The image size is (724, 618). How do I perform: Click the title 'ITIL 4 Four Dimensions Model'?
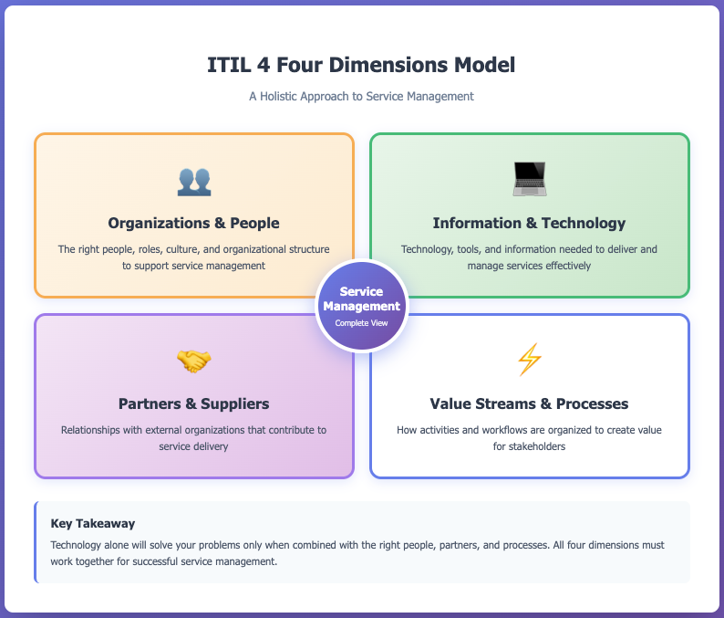click(x=361, y=66)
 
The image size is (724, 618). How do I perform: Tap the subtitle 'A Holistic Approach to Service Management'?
click(x=361, y=96)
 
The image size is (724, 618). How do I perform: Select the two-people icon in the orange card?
click(x=193, y=181)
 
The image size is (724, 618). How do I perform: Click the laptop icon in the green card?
click(x=529, y=179)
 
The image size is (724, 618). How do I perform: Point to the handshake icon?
click(x=193, y=361)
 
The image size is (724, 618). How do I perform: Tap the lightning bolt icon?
click(x=529, y=361)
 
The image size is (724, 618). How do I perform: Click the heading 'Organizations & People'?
click(x=193, y=223)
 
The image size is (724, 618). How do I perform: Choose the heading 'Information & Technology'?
click(x=529, y=223)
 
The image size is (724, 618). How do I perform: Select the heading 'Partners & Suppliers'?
click(x=193, y=403)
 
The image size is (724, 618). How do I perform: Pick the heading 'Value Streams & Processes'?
click(x=529, y=403)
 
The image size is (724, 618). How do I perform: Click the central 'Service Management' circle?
click(x=362, y=305)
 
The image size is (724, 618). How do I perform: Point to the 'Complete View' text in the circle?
click(x=362, y=323)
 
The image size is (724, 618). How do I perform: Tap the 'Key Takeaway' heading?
click(x=93, y=524)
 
